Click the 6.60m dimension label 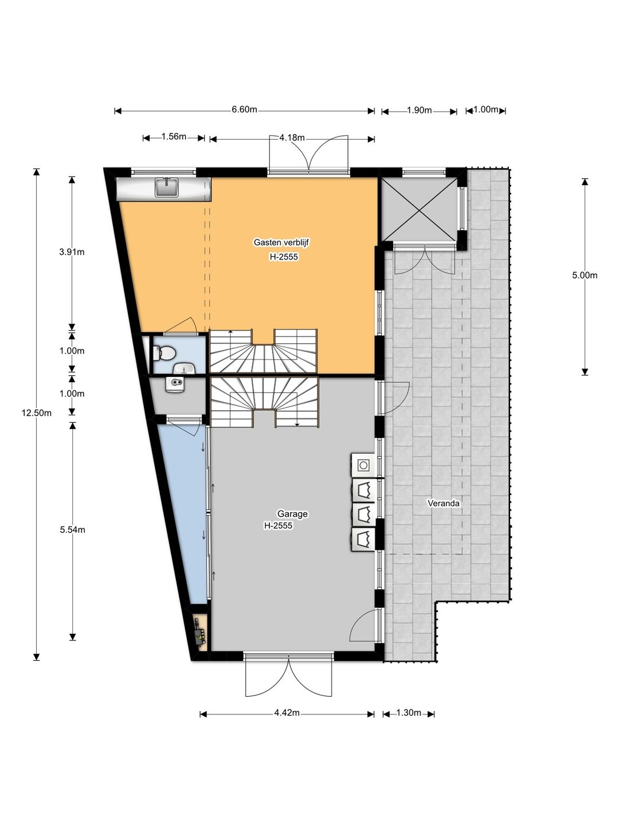point(244,109)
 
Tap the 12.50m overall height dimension point(37,413)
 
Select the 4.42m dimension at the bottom point(287,713)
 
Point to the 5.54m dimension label point(73,529)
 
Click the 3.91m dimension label point(72,252)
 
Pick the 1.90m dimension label point(420,110)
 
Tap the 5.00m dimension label point(585,275)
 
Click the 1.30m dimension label point(409,713)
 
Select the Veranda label point(444,503)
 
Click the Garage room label point(292,513)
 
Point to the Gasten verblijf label point(281,242)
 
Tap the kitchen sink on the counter point(166,187)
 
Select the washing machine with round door point(363,465)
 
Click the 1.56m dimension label point(174,136)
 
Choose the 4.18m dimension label point(292,137)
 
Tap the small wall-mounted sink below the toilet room point(176,385)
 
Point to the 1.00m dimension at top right point(486,109)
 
